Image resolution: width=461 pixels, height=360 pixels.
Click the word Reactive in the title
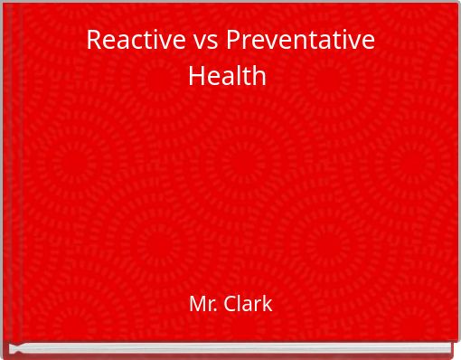[x=127, y=41]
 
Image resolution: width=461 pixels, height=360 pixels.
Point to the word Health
[x=227, y=75]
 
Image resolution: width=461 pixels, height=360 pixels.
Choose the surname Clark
[x=248, y=304]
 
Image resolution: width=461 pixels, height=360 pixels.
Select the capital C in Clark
[x=230, y=304]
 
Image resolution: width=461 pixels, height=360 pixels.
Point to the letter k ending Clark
[x=268, y=304]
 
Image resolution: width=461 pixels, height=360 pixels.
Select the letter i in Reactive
[x=148, y=40]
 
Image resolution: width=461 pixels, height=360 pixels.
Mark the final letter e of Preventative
[x=369, y=43]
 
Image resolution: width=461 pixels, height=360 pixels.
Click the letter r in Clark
[x=258, y=306]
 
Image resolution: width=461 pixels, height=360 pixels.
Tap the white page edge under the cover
[x=230, y=348]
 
